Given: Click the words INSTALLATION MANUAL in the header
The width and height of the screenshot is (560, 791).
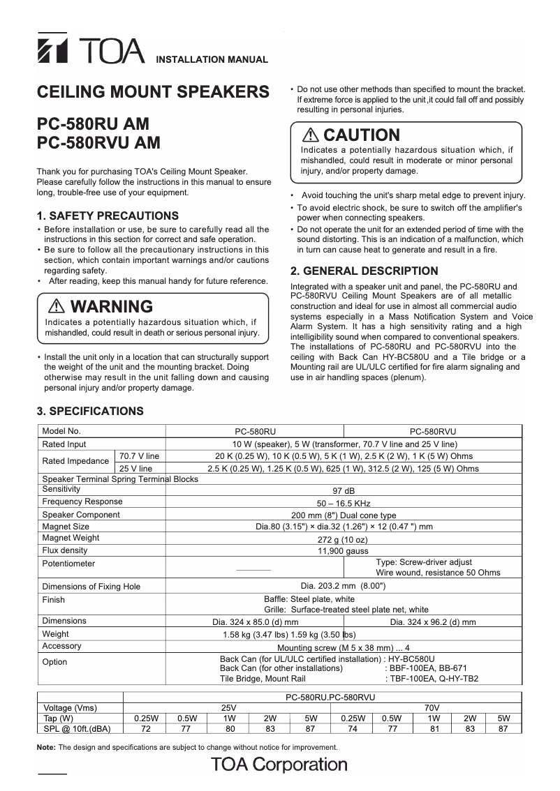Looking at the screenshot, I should coord(211,59).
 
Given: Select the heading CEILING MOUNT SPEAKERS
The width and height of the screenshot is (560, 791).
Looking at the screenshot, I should coord(152,93).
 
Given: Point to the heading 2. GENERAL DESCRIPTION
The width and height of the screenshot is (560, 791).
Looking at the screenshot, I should coord(364,271).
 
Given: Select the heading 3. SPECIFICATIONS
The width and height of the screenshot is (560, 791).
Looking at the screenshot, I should coord(90,411).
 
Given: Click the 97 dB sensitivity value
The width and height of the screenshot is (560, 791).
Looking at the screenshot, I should coord(344,491).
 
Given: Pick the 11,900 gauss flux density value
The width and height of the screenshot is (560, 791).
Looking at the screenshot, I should coord(343,550).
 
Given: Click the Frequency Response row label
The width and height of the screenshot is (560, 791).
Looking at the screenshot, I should coord(82,502).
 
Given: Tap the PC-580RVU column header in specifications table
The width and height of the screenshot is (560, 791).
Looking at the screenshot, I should coord(432,432).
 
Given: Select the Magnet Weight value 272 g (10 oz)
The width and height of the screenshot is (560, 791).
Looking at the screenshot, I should coord(343,539).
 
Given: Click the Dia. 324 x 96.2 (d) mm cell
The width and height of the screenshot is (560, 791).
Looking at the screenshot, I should coord(433,621).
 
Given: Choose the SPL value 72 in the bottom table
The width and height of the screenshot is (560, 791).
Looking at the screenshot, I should coord(145,728).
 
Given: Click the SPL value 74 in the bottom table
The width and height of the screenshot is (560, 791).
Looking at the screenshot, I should coord(352,728).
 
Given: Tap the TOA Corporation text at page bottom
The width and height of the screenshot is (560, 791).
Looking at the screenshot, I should coord(279,764).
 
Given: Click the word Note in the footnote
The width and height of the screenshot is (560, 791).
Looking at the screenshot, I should coord(46,747).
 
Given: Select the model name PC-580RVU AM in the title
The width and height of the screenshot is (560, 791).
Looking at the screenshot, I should coord(98,143).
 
